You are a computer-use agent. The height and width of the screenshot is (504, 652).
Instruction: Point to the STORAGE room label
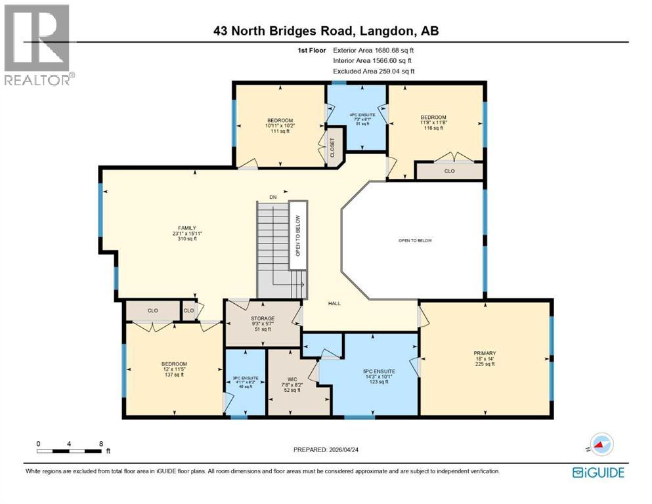[x=263, y=318]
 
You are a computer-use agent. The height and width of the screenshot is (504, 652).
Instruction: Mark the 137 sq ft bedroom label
[x=175, y=364]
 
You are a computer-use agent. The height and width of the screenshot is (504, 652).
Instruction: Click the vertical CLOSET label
[x=332, y=148]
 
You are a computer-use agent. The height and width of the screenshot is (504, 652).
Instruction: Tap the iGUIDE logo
[x=598, y=472]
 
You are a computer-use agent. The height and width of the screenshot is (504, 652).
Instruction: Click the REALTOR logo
[x=37, y=45]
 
